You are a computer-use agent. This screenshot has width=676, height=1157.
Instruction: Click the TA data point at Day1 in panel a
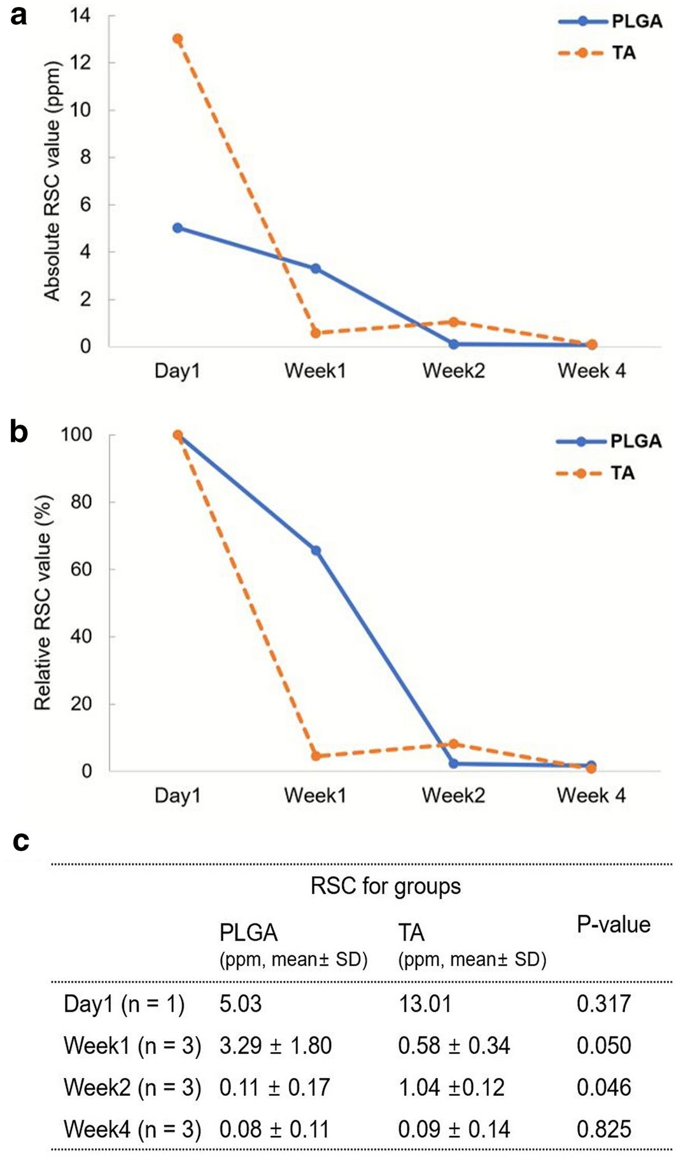178,39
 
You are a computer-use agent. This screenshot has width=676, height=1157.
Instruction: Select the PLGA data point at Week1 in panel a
316,269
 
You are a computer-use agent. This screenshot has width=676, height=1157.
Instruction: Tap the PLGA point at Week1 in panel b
316,550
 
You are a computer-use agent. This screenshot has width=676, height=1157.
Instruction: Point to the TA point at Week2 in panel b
453,743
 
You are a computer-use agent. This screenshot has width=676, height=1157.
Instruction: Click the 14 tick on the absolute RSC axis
81,15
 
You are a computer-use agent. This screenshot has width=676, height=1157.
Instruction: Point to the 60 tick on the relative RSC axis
76,569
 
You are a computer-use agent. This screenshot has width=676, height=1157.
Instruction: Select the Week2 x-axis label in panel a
453,370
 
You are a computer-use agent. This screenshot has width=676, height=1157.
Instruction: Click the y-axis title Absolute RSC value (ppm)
52,181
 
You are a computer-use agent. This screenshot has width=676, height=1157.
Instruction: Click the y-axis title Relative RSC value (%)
42,603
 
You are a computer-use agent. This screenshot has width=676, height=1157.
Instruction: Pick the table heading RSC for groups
385,886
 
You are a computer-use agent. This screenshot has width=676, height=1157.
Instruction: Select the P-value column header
613,925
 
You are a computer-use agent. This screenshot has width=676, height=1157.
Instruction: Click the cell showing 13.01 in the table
425,1004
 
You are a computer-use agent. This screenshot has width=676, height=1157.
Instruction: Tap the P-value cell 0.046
603,1088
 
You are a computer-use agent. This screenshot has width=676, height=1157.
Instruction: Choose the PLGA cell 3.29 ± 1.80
275,1046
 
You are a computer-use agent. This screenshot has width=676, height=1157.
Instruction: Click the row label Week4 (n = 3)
132,1130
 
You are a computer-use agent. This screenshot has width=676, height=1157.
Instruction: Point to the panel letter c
21,841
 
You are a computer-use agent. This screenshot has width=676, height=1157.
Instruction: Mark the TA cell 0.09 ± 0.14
454,1130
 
